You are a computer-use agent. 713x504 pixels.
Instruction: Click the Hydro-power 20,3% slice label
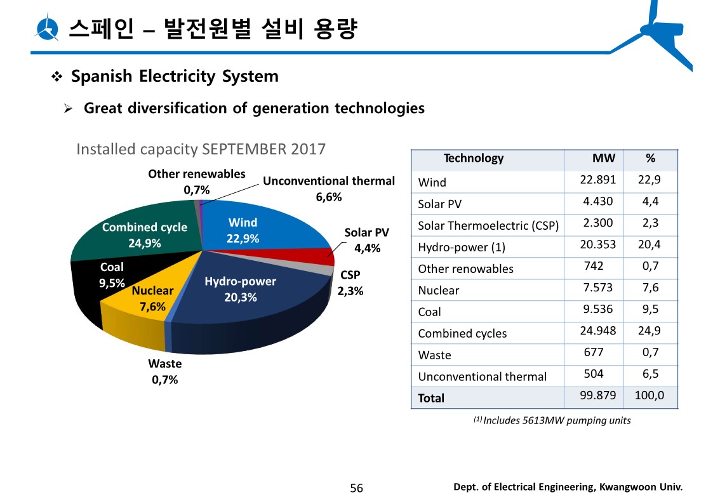coord(240,289)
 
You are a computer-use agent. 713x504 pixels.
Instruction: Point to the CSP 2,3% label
coord(350,284)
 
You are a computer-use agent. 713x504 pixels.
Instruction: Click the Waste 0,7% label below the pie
coord(164,372)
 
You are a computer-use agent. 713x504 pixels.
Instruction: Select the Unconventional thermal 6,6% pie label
coord(329,189)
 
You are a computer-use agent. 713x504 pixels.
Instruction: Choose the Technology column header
coord(473,159)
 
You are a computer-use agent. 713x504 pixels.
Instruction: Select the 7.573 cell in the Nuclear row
coord(596,288)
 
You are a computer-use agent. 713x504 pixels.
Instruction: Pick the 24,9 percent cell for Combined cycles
coord(650,331)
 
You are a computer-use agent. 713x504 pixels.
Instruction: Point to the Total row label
coord(431,398)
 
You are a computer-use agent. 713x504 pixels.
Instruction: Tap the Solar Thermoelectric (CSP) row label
coord(488,226)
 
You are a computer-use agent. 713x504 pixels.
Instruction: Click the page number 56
coord(357,488)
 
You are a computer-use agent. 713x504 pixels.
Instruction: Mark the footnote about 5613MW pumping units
coord(552,420)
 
